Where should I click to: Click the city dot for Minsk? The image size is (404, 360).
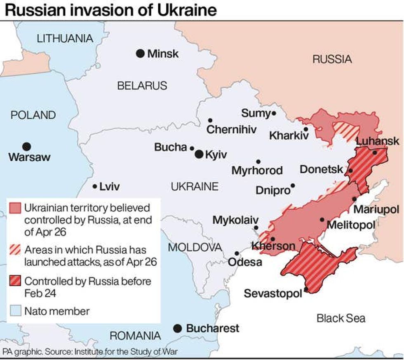pos(141,53)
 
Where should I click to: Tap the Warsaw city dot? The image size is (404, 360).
pos(26,146)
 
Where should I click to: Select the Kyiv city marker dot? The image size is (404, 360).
pos(199,154)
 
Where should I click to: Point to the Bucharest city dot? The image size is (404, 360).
pos(177,328)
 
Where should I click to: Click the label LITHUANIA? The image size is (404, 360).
pos(65,39)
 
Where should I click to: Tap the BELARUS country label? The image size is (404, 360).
pos(142,86)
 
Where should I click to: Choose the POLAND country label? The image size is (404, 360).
pos(33,115)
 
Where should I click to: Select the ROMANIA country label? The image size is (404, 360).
pos(135,336)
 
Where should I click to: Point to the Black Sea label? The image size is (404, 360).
pos(341,318)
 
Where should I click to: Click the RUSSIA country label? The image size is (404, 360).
pos(332,59)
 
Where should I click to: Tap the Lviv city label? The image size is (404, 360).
pos(110,187)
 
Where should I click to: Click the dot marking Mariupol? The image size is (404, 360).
pos(355,199)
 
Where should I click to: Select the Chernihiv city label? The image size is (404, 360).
pos(231,130)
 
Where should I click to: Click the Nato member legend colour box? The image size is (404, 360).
pos(15,311)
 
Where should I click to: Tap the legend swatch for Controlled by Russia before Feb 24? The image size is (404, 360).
pos(15,282)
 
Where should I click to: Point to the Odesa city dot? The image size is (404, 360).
pos(237,254)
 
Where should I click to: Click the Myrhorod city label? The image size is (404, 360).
pos(257,171)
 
